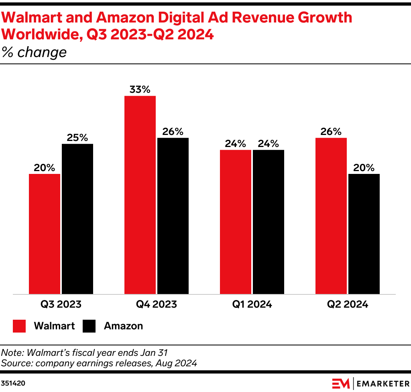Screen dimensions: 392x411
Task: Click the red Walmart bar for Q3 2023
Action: click(45, 234)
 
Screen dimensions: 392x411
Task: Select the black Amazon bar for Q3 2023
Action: click(77, 219)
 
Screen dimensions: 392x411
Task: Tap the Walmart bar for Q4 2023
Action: click(140, 195)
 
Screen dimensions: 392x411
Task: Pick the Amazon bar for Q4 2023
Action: click(173, 216)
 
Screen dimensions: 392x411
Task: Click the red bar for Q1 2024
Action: click(236, 222)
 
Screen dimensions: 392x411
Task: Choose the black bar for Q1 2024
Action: click(269, 222)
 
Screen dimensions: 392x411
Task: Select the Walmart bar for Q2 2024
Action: click(331, 216)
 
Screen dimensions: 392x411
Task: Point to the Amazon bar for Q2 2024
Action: click(364, 234)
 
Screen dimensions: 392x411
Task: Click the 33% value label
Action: click(140, 89)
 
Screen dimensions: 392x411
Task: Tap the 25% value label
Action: click(77, 137)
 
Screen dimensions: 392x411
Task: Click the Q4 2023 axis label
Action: click(156, 304)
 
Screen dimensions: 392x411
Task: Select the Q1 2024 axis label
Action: click(252, 304)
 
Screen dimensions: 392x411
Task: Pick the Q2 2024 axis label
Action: click(348, 304)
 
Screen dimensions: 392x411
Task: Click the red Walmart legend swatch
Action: click(20, 326)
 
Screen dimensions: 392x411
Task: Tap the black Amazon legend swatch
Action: click(89, 326)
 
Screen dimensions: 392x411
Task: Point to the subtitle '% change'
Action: click(34, 53)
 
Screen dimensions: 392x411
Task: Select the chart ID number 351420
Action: click(13, 383)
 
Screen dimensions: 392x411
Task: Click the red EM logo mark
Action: click(340, 384)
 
